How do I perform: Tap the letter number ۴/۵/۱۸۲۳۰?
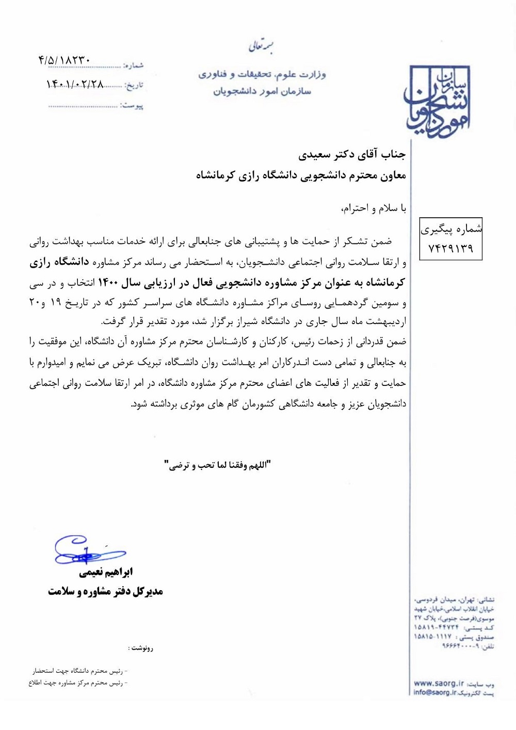[x=64, y=60]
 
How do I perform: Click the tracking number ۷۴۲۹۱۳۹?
[x=450, y=248]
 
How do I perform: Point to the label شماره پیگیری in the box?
[x=451, y=229]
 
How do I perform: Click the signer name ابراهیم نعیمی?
[x=105, y=572]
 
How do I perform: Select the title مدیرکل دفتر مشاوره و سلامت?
[x=105, y=591]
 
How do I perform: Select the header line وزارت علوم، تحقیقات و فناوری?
[x=262, y=75]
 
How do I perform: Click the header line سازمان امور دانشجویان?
[x=262, y=91]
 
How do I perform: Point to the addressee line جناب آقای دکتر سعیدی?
[x=352, y=154]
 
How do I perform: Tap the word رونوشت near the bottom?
[x=141, y=648]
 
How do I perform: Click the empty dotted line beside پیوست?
[x=83, y=106]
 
